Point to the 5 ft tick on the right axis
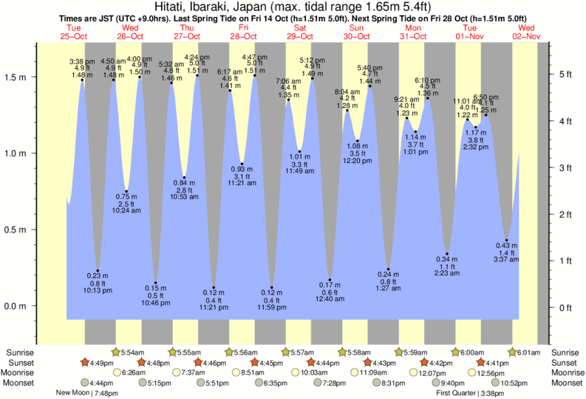(565, 74)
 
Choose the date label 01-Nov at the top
(470, 36)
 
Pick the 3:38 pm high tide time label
(81, 61)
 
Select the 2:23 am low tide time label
(447, 273)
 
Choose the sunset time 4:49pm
(101, 363)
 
